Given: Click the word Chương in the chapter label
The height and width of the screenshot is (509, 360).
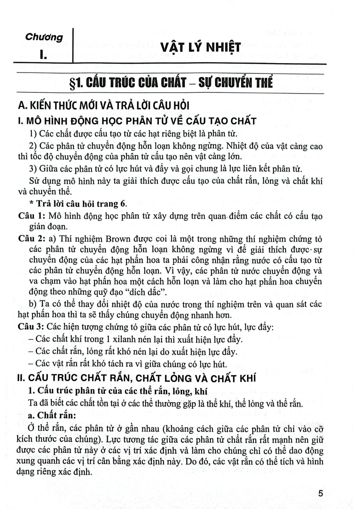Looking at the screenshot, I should [44, 37].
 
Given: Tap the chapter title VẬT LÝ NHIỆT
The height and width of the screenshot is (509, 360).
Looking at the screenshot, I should [200, 48].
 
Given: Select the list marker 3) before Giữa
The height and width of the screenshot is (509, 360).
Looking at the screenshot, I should [33, 169].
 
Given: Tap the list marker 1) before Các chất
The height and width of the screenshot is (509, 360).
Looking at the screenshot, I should [33, 133].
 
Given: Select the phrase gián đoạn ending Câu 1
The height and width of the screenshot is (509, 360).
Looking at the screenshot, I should [46, 226].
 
